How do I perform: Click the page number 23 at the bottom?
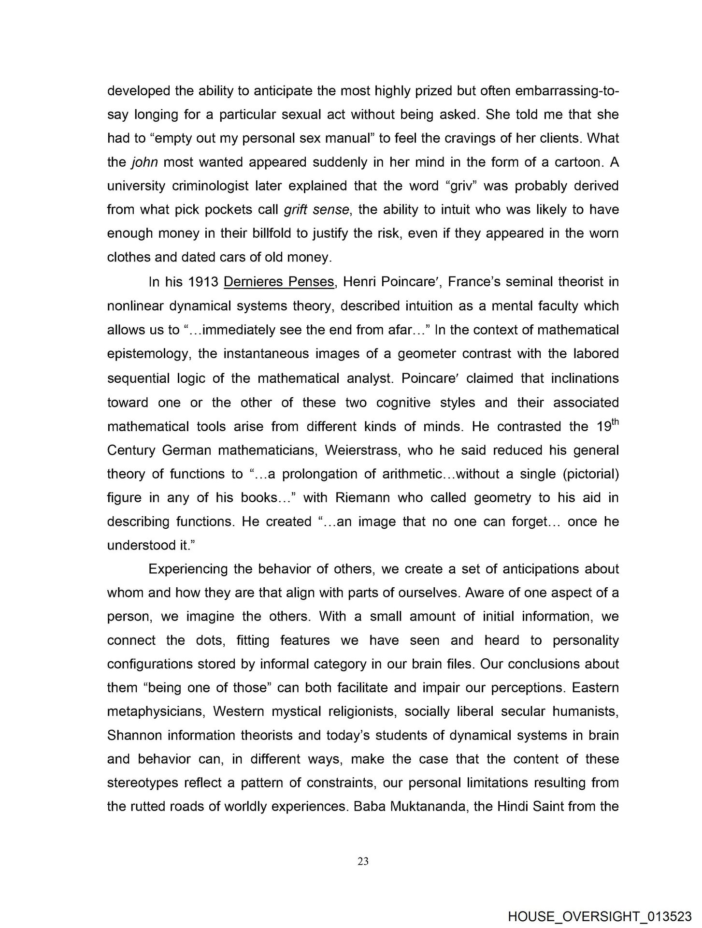(363, 861)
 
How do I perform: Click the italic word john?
(145, 162)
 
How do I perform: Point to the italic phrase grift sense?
(314, 210)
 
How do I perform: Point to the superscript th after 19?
(614, 420)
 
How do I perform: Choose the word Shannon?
(135, 736)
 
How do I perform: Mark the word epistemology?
(147, 354)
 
